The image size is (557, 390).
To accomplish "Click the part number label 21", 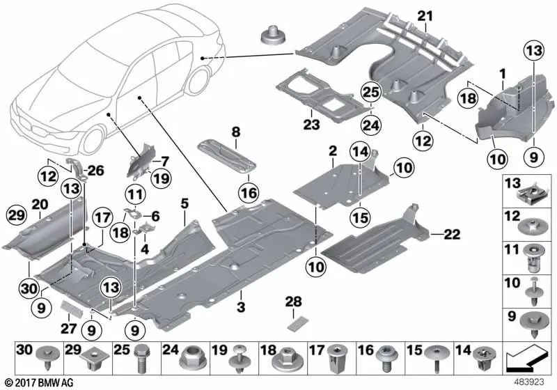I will pos(425,15).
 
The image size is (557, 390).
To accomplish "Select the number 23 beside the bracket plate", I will pos(311,125).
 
